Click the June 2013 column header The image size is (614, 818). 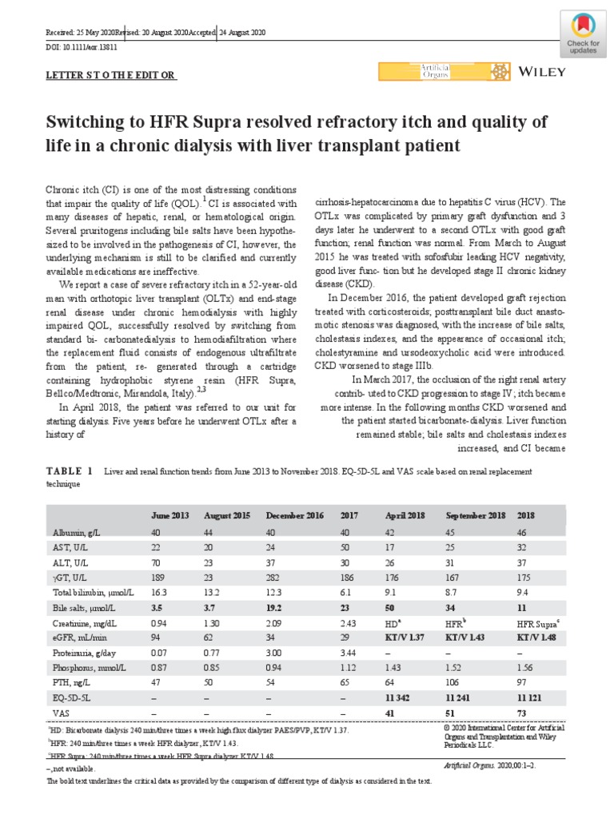click(x=169, y=515)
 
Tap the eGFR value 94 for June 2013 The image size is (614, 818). click(x=156, y=637)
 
